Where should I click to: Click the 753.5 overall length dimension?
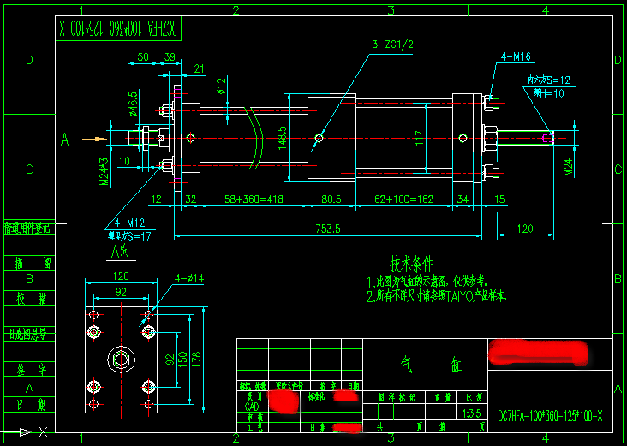[328, 229]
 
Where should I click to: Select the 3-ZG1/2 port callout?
[393, 44]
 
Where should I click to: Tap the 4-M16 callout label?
[516, 57]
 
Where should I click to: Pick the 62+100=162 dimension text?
[405, 199]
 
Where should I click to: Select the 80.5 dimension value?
[330, 199]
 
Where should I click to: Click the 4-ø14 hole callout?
[189, 277]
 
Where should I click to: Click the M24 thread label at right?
[568, 167]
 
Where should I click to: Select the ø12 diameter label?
[221, 86]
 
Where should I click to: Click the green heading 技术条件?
[412, 263]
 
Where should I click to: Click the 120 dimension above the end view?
[121, 277]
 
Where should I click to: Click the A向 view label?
[120, 252]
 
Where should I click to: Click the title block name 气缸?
[426, 365]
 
